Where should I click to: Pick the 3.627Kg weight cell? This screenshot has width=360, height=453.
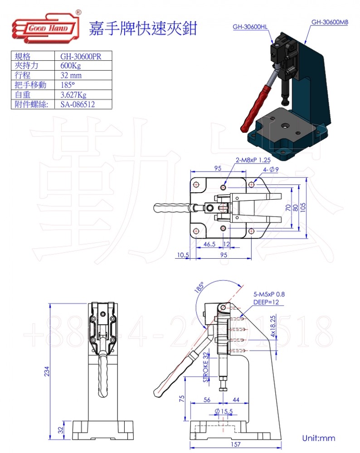(x=73, y=95)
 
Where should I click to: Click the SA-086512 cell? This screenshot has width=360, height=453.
(x=78, y=104)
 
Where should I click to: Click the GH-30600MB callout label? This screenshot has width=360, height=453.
(x=329, y=22)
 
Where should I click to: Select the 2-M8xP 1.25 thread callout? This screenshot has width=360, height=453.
(x=253, y=160)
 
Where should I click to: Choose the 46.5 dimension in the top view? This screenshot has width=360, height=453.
(x=209, y=244)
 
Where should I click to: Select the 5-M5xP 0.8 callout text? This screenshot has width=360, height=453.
(x=269, y=294)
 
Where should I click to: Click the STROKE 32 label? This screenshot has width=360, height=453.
(x=205, y=367)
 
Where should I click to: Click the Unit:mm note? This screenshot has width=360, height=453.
(x=318, y=438)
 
